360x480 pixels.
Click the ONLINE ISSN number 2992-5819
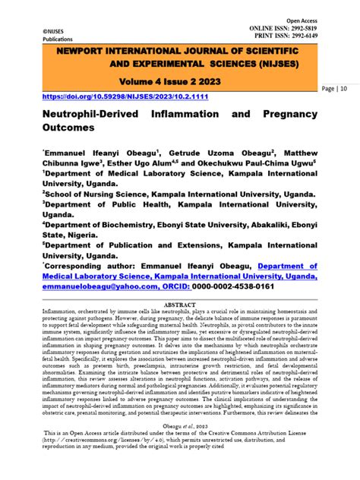319,27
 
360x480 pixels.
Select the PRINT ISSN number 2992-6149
319,36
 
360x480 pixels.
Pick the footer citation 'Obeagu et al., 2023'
181,447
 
